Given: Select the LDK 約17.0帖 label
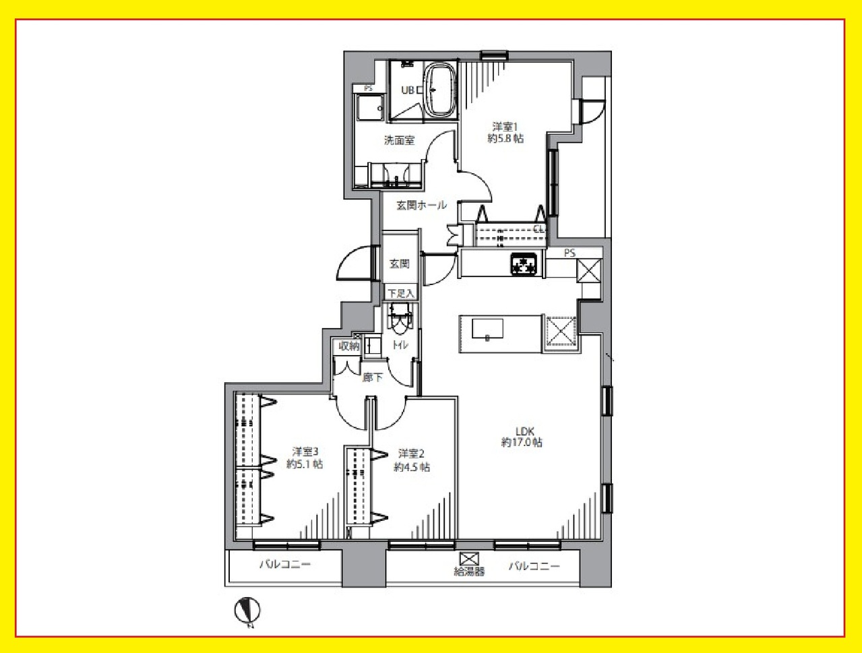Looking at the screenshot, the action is click(522, 437).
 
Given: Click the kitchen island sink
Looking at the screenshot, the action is click(487, 328).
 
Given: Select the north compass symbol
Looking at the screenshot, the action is click(247, 612).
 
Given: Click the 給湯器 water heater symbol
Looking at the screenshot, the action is click(469, 559).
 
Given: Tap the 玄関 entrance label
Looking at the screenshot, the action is click(400, 264).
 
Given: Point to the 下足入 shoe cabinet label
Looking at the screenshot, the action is click(401, 293).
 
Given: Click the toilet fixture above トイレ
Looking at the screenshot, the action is click(400, 319).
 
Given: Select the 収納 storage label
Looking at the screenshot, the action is click(349, 346).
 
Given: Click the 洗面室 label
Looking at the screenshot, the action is click(400, 140).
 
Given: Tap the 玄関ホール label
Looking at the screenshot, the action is click(421, 205).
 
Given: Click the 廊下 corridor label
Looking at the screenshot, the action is click(372, 378).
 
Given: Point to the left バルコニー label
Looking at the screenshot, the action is click(285, 565).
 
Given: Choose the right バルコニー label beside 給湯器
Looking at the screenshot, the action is click(534, 566).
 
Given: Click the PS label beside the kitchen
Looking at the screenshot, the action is click(569, 253).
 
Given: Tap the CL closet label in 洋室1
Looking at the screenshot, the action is click(539, 229).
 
